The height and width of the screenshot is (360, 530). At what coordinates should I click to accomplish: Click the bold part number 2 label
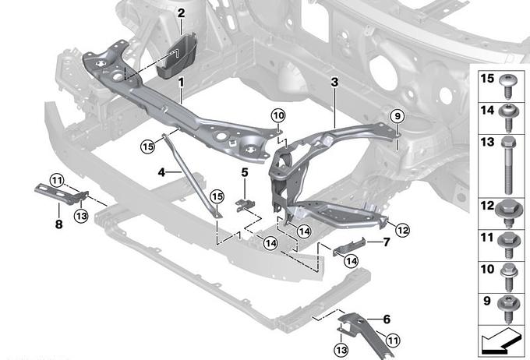pyautogui.click(x=181, y=13)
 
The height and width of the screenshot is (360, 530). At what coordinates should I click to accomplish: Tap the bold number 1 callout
pyautogui.click(x=181, y=82)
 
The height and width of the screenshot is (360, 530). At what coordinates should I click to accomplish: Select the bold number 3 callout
pyautogui.click(x=334, y=82)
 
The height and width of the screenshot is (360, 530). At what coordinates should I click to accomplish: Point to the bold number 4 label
pyautogui.click(x=161, y=172)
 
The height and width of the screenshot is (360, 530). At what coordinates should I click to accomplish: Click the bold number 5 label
pyautogui.click(x=245, y=172)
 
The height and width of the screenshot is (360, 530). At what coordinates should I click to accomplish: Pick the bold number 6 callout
pyautogui.click(x=387, y=319)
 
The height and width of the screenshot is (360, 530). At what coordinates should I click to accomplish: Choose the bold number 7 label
pyautogui.click(x=387, y=242)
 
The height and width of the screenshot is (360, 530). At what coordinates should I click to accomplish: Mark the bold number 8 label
pyautogui.click(x=58, y=224)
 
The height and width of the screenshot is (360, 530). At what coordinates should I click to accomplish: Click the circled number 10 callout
pyautogui.click(x=278, y=116)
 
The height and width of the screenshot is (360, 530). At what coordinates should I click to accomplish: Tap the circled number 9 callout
pyautogui.click(x=397, y=116)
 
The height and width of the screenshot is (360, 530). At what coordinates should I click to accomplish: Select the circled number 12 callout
pyautogui.click(x=402, y=230)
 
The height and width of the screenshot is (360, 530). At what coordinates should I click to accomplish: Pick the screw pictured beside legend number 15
pyautogui.click(x=507, y=86)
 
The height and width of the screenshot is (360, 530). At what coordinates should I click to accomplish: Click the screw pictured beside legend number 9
pyautogui.click(x=508, y=309)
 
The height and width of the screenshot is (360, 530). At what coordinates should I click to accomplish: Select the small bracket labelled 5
pyautogui.click(x=245, y=205)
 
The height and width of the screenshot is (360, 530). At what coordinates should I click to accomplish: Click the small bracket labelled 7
pyautogui.click(x=349, y=247)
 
